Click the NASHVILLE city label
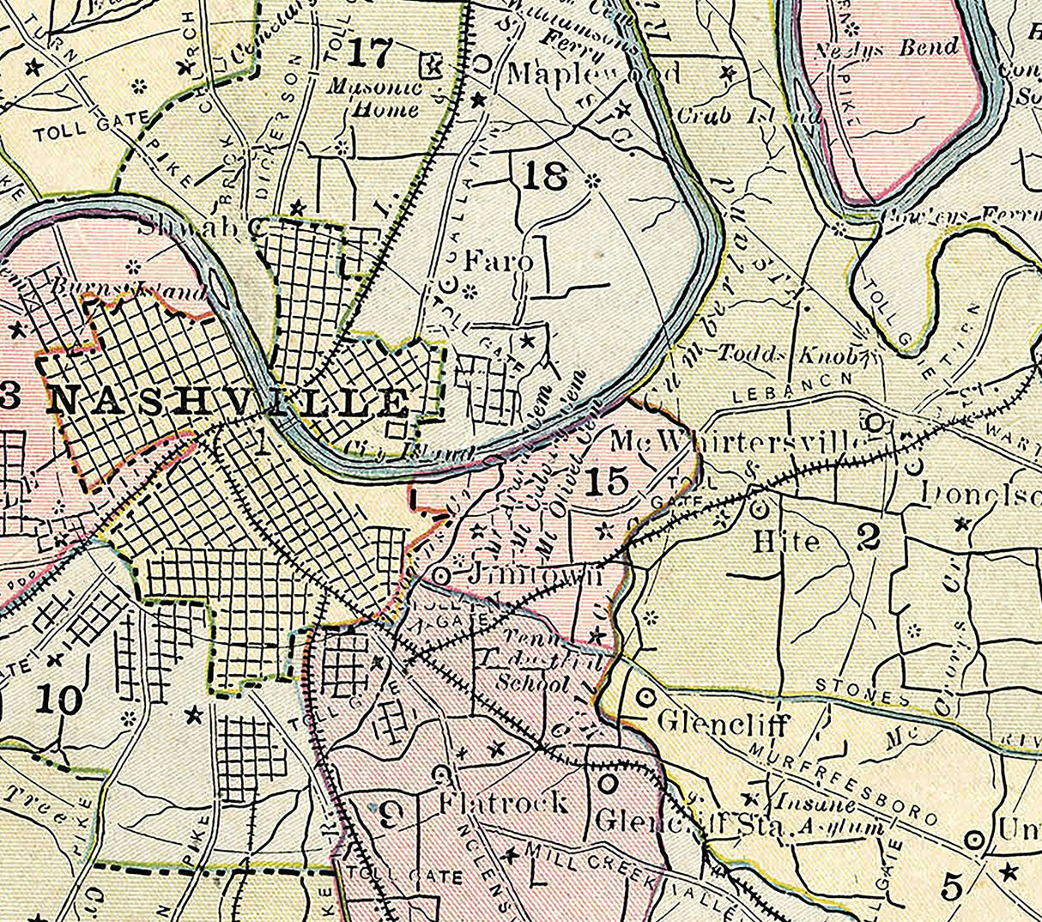click(227, 402)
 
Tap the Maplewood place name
click(594, 74)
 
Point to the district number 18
click(544, 178)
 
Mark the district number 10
click(59, 700)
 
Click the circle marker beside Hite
click(759, 509)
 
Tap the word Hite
click(786, 542)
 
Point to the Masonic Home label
click(374, 98)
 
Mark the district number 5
click(952, 885)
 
